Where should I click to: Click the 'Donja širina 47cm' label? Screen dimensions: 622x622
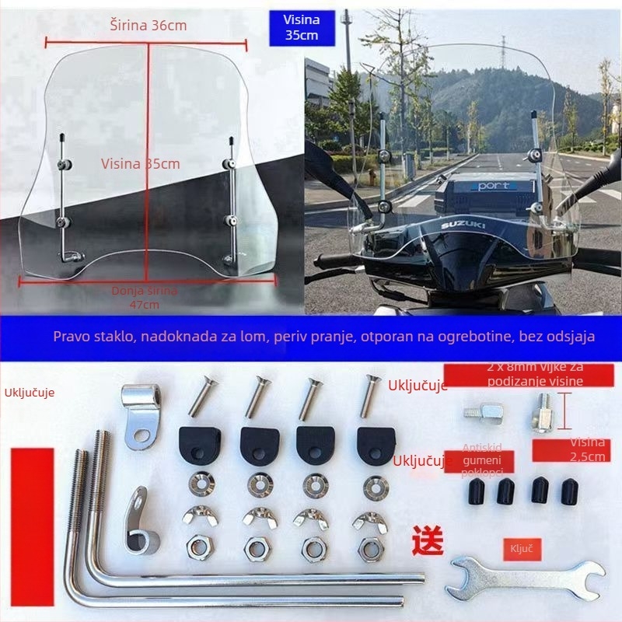pyautogui.click(x=143, y=296)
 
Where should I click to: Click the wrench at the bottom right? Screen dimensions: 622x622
pyautogui.click(x=525, y=577)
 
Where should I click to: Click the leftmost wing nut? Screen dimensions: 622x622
pyautogui.click(x=197, y=516)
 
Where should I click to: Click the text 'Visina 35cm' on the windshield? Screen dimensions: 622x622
pyautogui.click(x=140, y=163)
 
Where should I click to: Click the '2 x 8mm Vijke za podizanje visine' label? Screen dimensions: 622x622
pyautogui.click(x=533, y=374)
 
